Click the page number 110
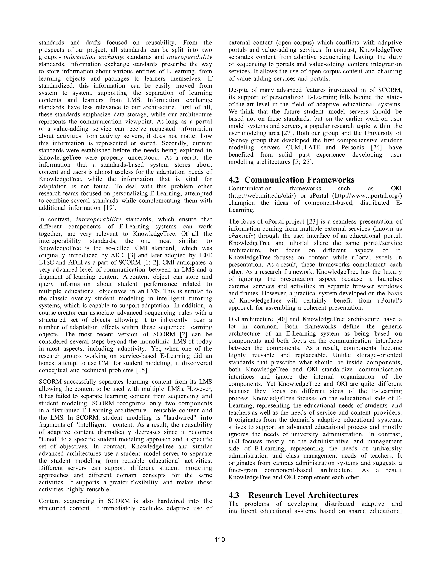[x=220, y=540]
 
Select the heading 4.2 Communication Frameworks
[x=291, y=180]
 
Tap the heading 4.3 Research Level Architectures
[x=293, y=495]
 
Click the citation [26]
[x=376, y=148]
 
